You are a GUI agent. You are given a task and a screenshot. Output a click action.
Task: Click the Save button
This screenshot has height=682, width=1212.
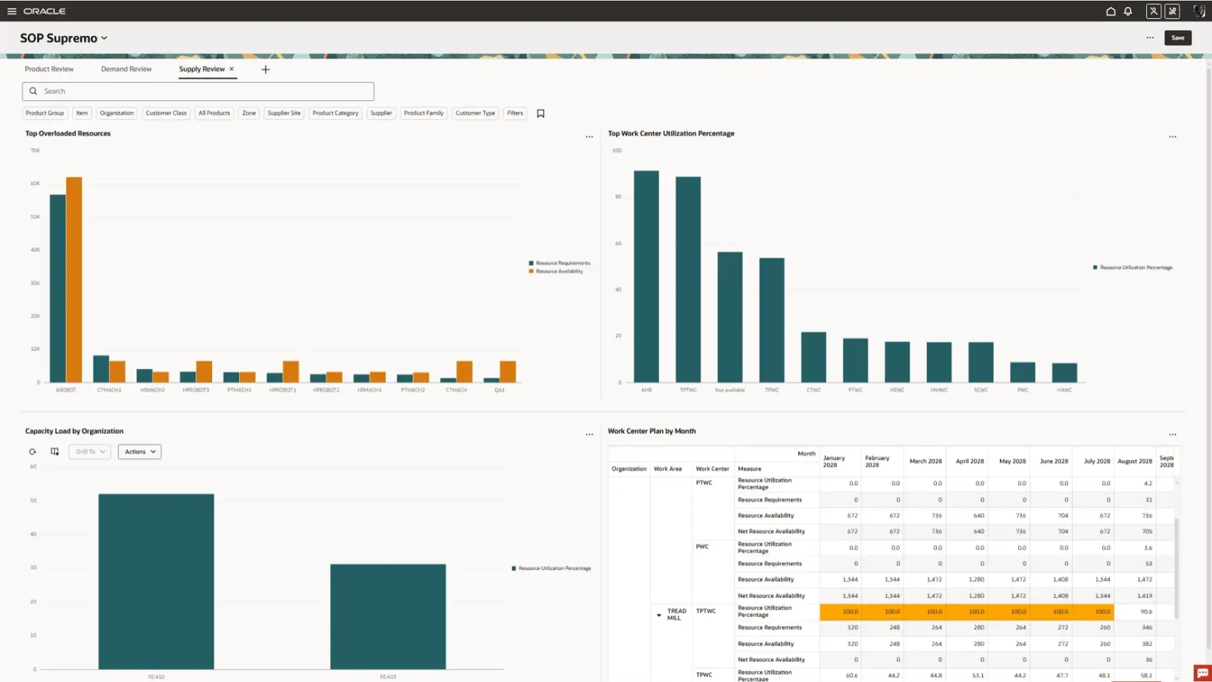[1177, 38]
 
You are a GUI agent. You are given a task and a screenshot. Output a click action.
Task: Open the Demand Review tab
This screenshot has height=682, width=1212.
[126, 69]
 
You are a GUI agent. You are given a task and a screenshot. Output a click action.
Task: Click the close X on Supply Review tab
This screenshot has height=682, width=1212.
[232, 69]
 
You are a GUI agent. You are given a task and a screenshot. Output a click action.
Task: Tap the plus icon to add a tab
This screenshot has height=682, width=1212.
[266, 69]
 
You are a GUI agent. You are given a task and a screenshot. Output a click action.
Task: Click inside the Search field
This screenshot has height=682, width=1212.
[198, 92]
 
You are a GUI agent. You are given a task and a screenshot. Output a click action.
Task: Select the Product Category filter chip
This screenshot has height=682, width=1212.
[335, 114]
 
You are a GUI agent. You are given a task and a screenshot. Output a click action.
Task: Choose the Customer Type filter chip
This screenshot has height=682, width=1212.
[475, 114]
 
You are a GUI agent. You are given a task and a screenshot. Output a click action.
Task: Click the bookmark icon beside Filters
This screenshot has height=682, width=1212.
[540, 114]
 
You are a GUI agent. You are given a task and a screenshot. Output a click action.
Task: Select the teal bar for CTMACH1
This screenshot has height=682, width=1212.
[101, 369]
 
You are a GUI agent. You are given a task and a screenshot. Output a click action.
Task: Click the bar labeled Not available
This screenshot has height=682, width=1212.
[730, 317]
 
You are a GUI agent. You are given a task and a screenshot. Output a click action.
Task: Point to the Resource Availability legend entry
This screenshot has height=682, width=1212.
[559, 272]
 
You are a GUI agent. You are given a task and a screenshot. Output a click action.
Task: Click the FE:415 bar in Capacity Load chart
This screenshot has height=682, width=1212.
[388, 616]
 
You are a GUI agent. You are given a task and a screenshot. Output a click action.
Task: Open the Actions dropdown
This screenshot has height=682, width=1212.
[140, 452]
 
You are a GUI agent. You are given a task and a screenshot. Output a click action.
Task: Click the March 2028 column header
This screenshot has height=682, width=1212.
[925, 462]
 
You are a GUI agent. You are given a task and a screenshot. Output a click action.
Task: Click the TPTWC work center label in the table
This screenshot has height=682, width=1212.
[706, 611]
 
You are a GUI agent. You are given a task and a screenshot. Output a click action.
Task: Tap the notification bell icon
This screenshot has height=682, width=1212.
[1128, 11]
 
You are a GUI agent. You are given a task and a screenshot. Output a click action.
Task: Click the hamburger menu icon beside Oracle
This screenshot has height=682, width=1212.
[11, 11]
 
